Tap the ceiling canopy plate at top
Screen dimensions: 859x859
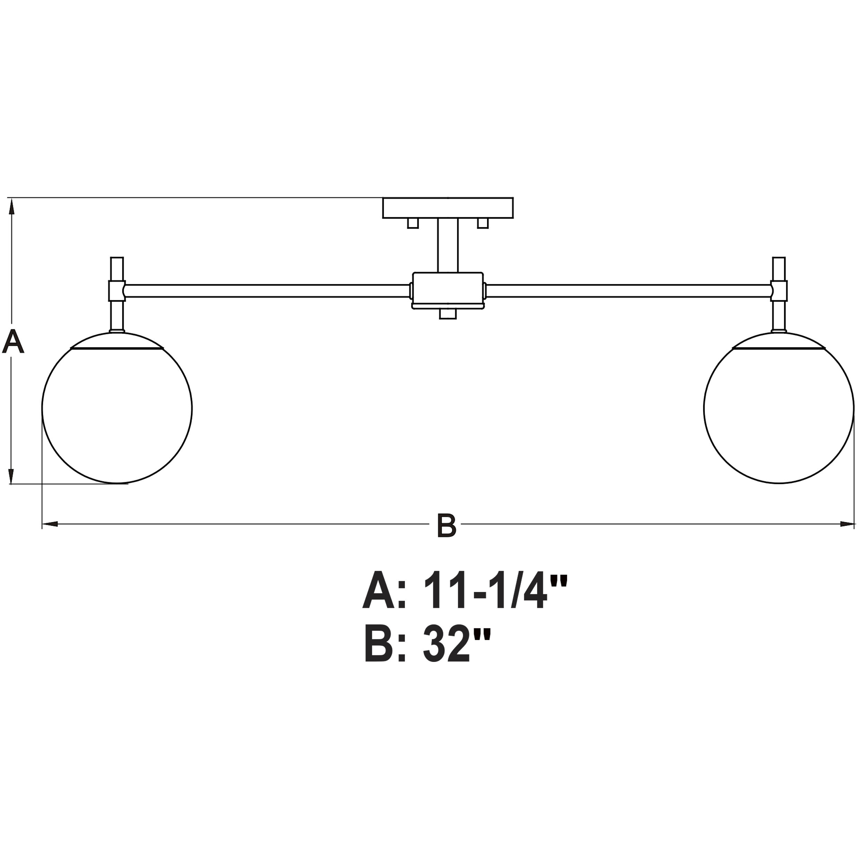coord(448,207)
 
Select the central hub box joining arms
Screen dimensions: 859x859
coord(448,290)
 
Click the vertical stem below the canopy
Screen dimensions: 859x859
coord(448,245)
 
